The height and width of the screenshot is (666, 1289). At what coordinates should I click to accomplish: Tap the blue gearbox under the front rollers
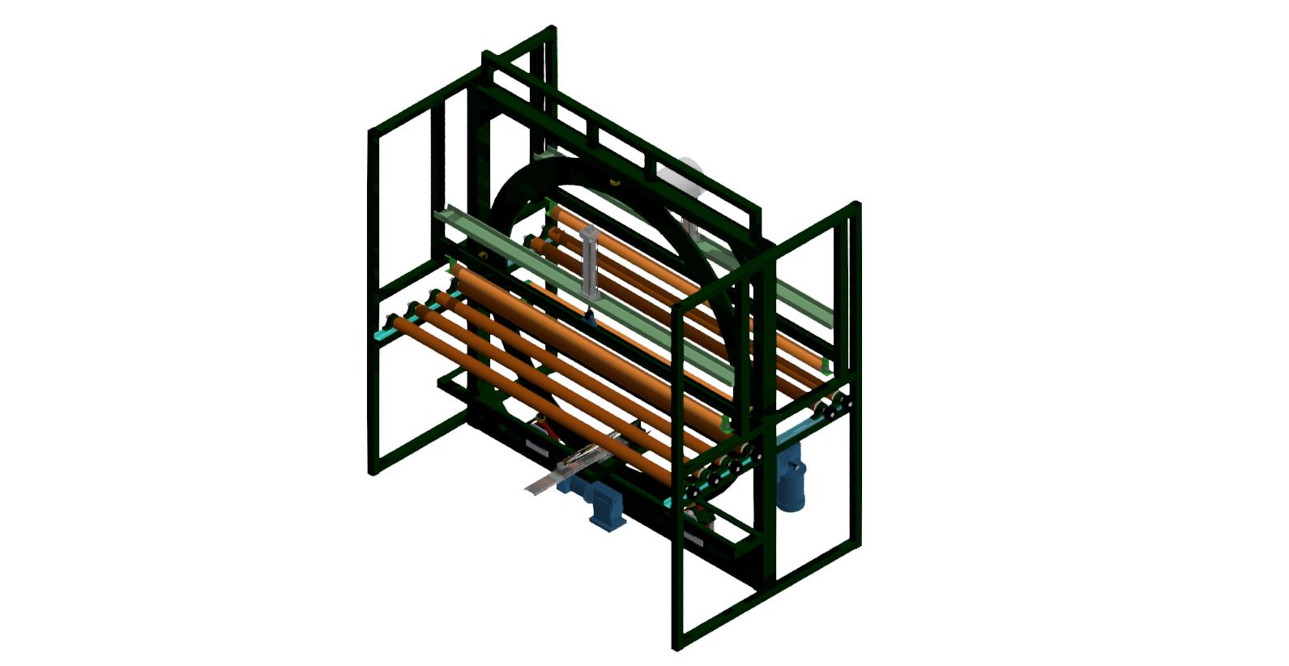click(x=606, y=507)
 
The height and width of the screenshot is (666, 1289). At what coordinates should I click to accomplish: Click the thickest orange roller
click(x=591, y=344)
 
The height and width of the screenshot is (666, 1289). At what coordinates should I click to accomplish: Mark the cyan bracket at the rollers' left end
click(x=382, y=333)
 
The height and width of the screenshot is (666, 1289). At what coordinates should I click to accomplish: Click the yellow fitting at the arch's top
click(x=613, y=181)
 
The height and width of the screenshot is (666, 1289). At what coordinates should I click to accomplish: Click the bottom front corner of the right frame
click(x=677, y=646)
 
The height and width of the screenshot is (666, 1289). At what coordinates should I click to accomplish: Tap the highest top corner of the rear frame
click(x=553, y=29)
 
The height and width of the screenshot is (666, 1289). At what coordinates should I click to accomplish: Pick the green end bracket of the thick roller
click(x=726, y=425)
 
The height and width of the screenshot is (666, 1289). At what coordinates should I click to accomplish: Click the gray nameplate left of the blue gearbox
click(x=536, y=447)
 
